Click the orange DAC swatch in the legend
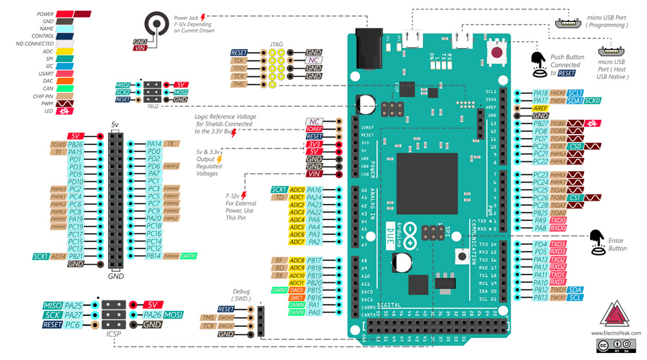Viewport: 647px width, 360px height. click(x=63, y=80)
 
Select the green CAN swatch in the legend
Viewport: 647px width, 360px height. click(x=63, y=88)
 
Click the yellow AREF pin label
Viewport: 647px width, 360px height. click(x=541, y=108)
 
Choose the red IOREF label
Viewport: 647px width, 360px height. click(x=314, y=129)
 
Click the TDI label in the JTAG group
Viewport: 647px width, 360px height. click(x=239, y=60)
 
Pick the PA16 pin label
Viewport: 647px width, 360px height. click(x=314, y=190)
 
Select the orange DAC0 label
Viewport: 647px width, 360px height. click(x=297, y=290)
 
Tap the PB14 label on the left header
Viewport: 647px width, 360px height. click(x=154, y=256)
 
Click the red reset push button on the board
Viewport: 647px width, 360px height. click(x=498, y=53)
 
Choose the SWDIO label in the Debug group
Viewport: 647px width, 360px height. click(x=226, y=317)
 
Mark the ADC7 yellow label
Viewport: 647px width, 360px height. click(x=297, y=242)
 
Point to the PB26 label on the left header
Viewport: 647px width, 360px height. click(x=76, y=144)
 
